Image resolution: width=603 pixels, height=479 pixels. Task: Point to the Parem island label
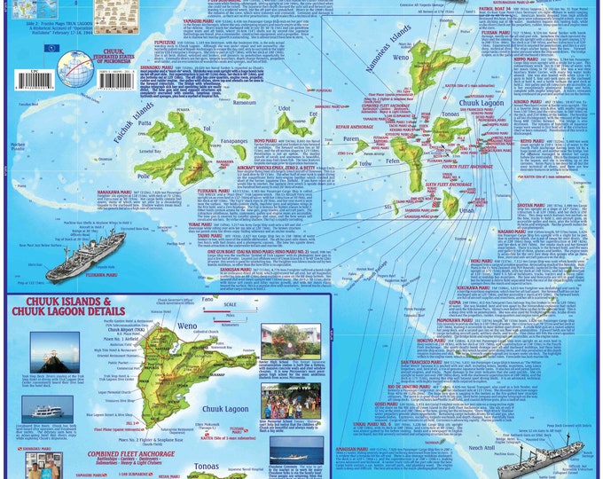(350, 138)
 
